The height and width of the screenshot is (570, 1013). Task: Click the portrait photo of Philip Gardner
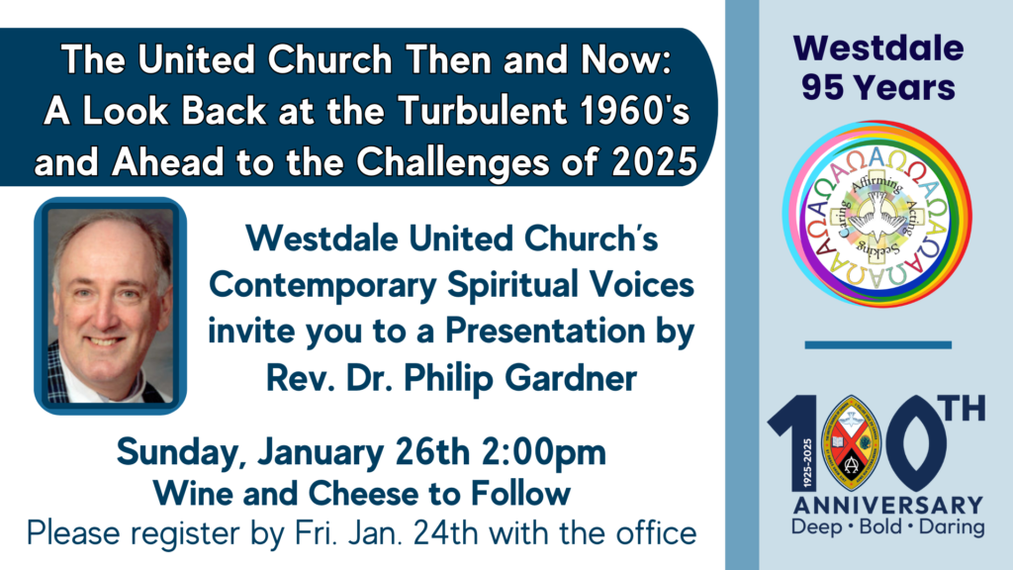(x=111, y=305)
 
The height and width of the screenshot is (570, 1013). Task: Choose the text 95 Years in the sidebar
(x=877, y=88)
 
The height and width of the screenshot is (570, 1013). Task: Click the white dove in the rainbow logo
(x=876, y=214)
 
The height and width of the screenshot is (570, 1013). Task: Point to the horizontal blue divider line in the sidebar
(x=877, y=344)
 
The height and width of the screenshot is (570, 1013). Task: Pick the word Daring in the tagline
(x=952, y=527)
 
